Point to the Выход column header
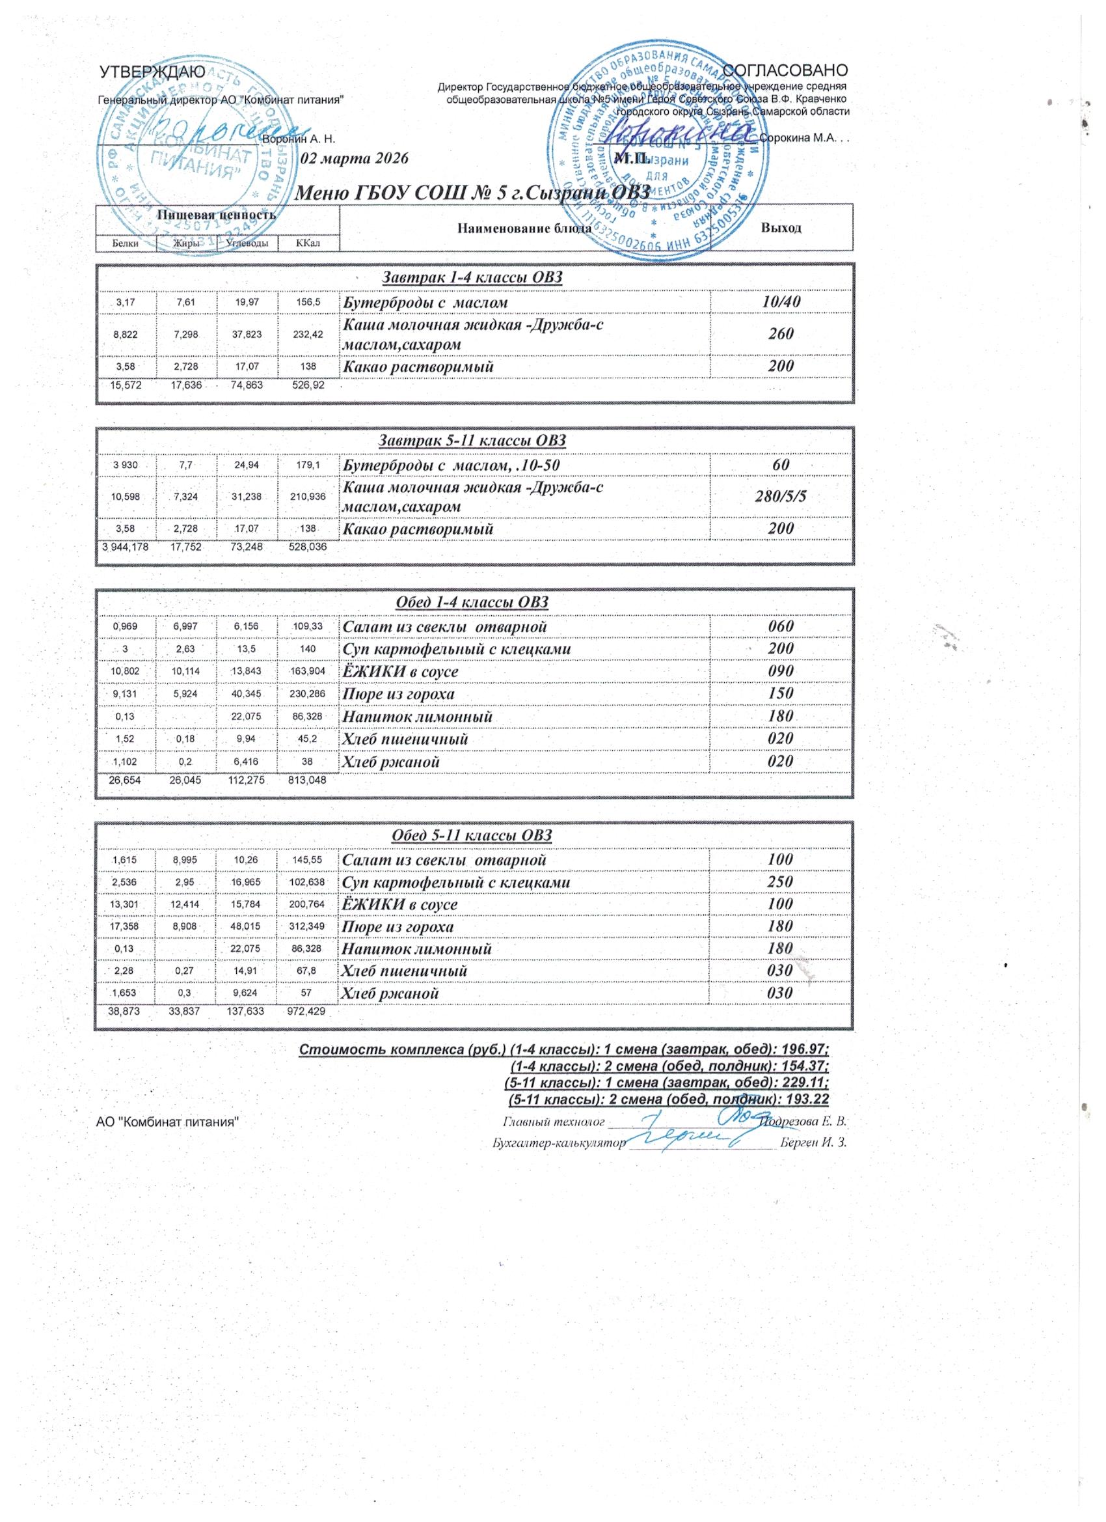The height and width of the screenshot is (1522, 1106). click(x=781, y=227)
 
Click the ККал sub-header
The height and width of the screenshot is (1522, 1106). click(x=308, y=243)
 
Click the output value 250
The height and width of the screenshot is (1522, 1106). click(x=781, y=881)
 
